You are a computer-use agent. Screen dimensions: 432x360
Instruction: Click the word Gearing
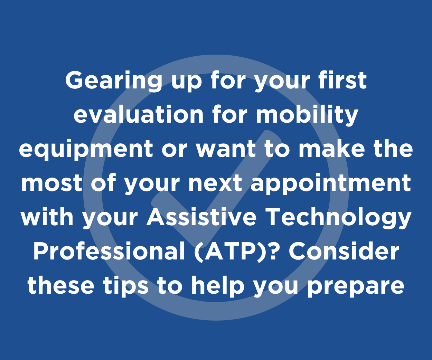pyautogui.click(x=114, y=81)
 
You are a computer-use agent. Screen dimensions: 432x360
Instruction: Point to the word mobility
pyautogui.click(x=307, y=115)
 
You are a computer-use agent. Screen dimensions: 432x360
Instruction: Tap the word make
pyautogui.click(x=332, y=148)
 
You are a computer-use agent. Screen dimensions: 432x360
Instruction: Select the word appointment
pyautogui.click(x=331, y=183)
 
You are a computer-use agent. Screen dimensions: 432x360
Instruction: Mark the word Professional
pyautogui.click(x=109, y=251)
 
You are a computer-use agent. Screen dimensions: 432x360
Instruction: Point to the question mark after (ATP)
pyautogui.click(x=272, y=251)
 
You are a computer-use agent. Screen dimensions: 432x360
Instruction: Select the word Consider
pyautogui.click(x=344, y=251)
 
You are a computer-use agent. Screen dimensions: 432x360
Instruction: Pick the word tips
pyautogui.click(x=126, y=286)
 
